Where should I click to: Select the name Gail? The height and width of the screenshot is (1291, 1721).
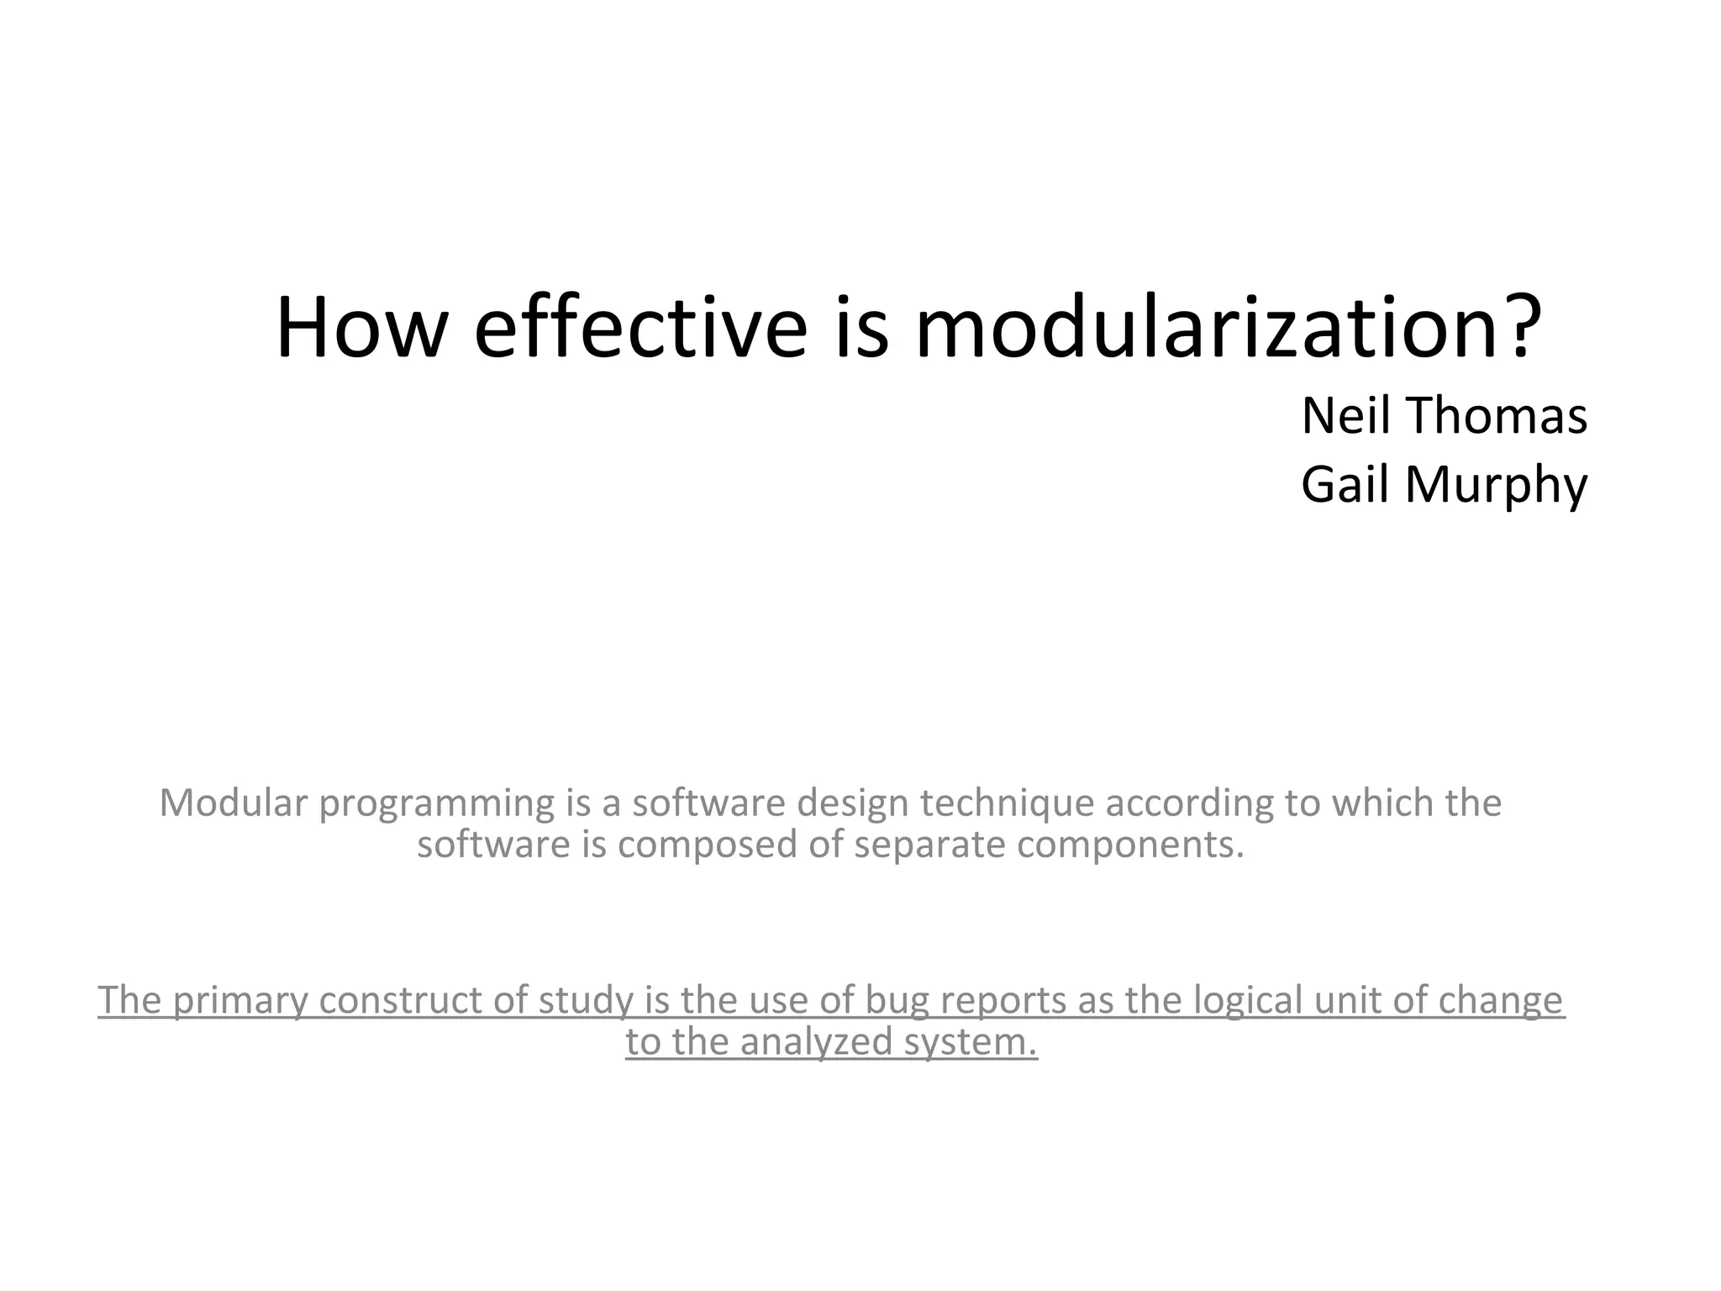tap(1345, 485)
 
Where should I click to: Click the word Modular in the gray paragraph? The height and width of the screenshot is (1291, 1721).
tap(233, 803)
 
